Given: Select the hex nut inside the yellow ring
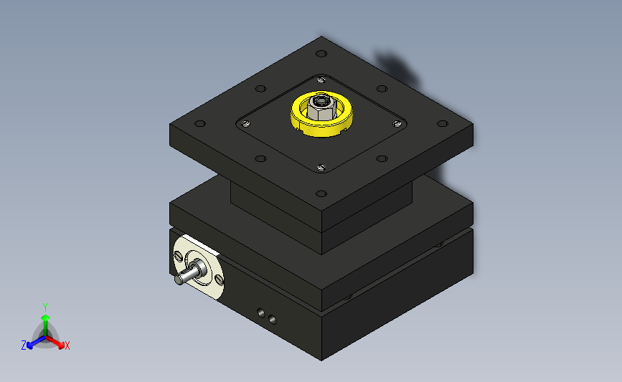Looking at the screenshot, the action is click(x=321, y=108).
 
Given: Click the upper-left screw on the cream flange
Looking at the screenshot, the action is click(x=178, y=256).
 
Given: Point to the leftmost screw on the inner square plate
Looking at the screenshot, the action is click(x=246, y=124).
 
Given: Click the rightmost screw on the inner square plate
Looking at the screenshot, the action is click(x=397, y=124).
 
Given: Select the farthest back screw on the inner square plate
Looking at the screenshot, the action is click(x=321, y=80).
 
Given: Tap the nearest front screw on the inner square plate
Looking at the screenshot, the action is click(x=321, y=168).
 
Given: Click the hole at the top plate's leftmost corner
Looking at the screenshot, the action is click(x=200, y=124).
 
